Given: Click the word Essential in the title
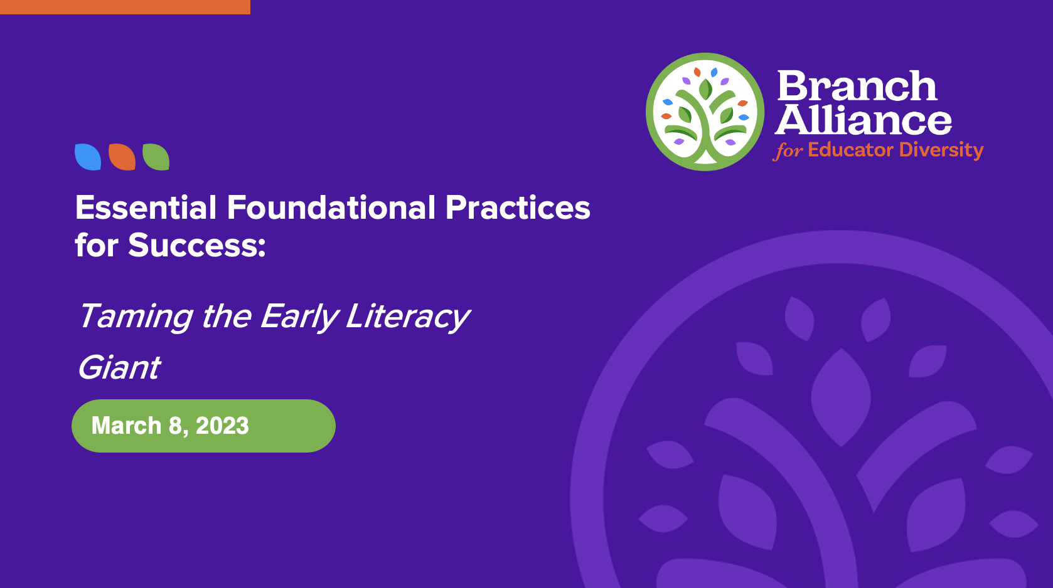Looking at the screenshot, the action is [x=146, y=207].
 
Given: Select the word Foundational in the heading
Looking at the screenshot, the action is [x=331, y=207].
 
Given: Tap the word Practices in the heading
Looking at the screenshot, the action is [x=518, y=207].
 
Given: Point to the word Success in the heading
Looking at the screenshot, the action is [x=196, y=245].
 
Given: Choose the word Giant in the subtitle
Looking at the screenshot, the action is [x=119, y=367].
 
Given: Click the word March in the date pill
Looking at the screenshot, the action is [x=127, y=426].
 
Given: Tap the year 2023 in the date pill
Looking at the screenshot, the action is [x=222, y=426].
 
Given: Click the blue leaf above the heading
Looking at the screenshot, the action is [x=88, y=157].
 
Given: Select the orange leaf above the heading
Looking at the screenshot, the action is [x=122, y=157].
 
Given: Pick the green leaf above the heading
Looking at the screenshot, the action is [x=156, y=157].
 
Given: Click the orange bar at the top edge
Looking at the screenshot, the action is [x=125, y=7].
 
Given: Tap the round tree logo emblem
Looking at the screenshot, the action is [x=705, y=112].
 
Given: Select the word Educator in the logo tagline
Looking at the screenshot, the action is [x=850, y=150].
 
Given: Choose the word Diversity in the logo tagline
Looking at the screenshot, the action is [x=941, y=150].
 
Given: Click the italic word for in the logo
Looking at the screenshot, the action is [x=788, y=151].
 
